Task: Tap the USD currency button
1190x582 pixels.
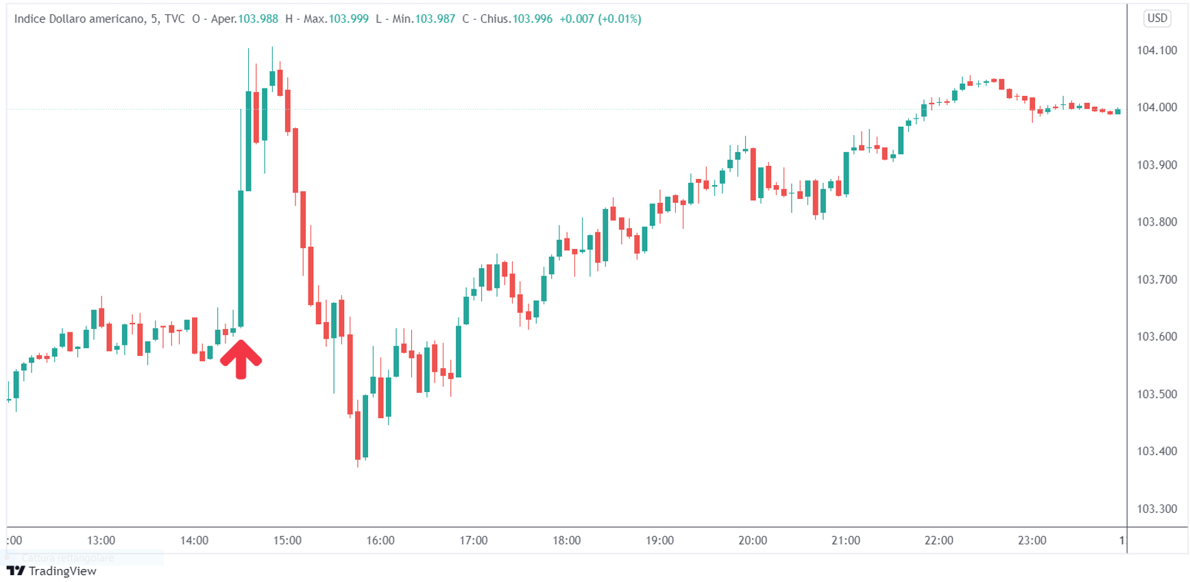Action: click(x=1157, y=19)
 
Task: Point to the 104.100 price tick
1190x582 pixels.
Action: click(x=1156, y=50)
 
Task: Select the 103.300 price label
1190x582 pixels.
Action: click(x=1156, y=509)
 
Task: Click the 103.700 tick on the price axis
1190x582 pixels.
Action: click(x=1156, y=280)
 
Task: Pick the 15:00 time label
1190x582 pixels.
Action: click(x=287, y=540)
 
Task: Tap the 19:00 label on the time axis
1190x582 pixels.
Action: click(x=659, y=540)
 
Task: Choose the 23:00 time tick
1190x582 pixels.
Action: click(x=1032, y=540)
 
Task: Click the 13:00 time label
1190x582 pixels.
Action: click(x=101, y=540)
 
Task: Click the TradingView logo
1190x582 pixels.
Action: click(x=51, y=571)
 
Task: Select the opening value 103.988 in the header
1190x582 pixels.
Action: click(x=258, y=19)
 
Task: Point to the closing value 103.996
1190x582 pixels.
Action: click(x=532, y=19)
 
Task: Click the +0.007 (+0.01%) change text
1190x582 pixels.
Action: click(x=600, y=19)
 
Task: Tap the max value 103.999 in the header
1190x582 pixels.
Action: click(x=348, y=19)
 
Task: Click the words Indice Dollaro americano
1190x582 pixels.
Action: click(x=79, y=19)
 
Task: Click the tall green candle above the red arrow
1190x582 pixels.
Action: click(x=241, y=257)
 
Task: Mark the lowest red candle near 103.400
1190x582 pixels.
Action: click(x=358, y=435)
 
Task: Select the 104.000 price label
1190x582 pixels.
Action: click(x=1156, y=108)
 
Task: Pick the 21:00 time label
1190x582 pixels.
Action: click(x=845, y=540)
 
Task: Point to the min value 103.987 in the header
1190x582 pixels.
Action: click(x=435, y=19)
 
